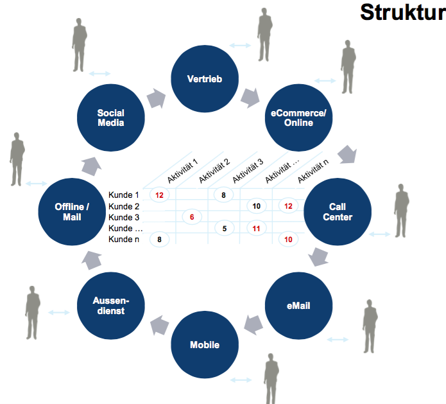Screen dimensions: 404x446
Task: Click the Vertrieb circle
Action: pos(204,78)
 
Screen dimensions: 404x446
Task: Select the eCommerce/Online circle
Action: pos(298,118)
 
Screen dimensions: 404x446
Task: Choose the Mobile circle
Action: pos(204,344)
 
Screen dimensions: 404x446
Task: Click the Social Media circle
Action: pos(110,118)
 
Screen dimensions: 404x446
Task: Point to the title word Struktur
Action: pos(402,12)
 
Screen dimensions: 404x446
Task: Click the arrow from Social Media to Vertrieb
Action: pos(156,98)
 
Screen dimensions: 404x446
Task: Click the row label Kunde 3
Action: pos(124,217)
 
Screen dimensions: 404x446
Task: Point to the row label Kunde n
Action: pos(124,239)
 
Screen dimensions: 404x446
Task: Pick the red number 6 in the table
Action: pos(191,217)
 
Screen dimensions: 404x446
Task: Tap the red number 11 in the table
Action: pos(255,228)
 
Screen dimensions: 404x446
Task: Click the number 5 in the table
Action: pos(224,228)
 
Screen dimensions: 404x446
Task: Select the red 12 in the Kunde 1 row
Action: pos(159,194)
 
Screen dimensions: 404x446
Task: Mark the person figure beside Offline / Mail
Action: pos(17,159)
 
